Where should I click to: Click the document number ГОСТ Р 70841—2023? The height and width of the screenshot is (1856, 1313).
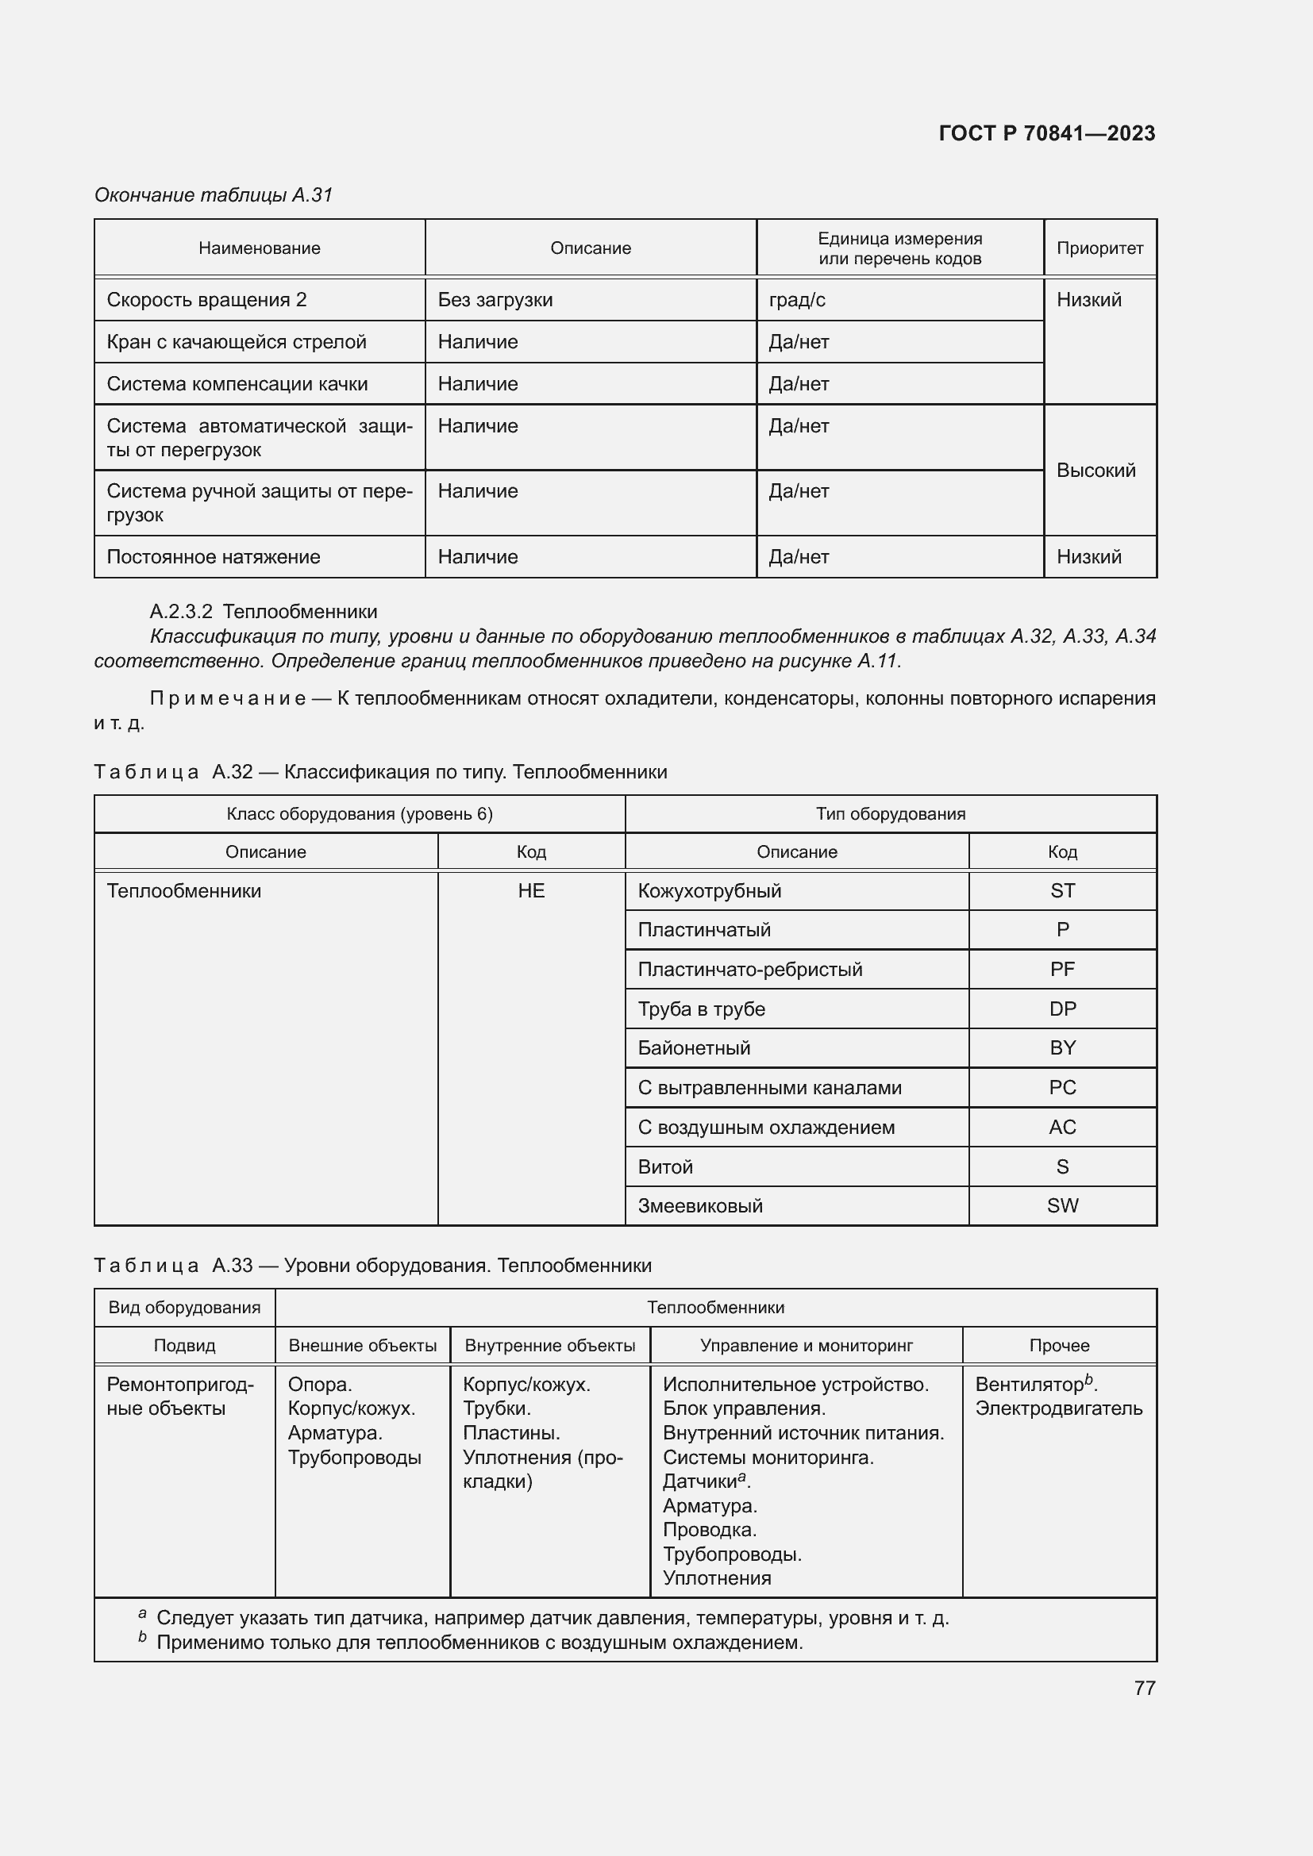pos(1046,133)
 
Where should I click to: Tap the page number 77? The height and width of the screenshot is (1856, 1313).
pos(1144,1688)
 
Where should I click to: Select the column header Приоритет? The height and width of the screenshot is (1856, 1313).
pos(1099,248)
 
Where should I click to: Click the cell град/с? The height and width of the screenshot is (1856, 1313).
pos(797,300)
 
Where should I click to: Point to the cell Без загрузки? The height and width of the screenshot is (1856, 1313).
pos(495,300)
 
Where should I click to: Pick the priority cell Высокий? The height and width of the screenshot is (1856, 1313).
pos(1095,471)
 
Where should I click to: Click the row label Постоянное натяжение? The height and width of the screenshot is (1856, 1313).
pos(214,557)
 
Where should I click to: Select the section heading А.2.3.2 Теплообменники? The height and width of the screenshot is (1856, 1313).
pos(264,611)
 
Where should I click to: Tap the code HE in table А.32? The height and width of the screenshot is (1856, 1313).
pos(531,891)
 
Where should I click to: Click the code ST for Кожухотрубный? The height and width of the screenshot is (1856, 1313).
pos(1062,891)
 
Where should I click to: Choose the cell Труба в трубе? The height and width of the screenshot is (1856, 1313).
pos(701,1009)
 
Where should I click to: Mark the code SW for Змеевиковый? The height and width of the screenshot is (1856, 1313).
pos(1062,1205)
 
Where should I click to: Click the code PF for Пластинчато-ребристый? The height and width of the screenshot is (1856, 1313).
pos(1062,969)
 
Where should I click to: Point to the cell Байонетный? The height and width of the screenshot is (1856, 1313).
pos(694,1047)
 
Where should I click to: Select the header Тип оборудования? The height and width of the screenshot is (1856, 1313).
pos(890,814)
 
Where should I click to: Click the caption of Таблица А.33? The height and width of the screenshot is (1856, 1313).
pos(373,1265)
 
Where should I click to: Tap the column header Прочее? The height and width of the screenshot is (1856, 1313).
pos(1059,1345)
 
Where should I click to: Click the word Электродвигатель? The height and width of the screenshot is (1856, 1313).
pos(1058,1408)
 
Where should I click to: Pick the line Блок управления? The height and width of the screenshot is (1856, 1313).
pos(744,1408)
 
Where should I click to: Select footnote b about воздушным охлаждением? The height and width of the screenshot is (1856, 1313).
pos(479,1642)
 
